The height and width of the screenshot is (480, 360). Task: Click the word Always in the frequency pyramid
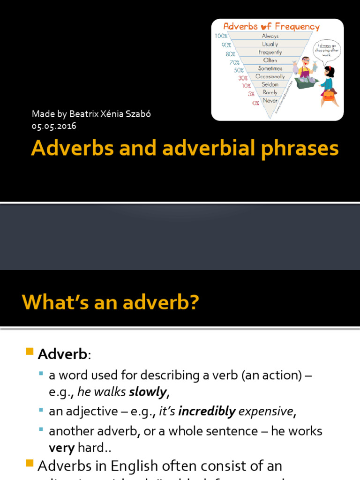[x=270, y=36]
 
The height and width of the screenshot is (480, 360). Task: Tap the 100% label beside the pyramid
[x=221, y=36]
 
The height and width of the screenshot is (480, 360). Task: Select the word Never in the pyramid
[x=270, y=101]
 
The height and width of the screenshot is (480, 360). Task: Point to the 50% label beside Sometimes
[x=239, y=70]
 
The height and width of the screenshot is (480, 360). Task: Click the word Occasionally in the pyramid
[x=270, y=76]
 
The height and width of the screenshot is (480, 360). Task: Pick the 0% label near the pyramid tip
[x=255, y=103]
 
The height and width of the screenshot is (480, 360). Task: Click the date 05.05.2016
[x=54, y=126]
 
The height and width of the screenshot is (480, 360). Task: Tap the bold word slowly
[x=148, y=391]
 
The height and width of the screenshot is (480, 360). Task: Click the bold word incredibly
[x=207, y=412]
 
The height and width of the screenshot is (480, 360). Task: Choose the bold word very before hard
[x=61, y=448]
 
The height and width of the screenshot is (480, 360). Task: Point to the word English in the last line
[x=139, y=466]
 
